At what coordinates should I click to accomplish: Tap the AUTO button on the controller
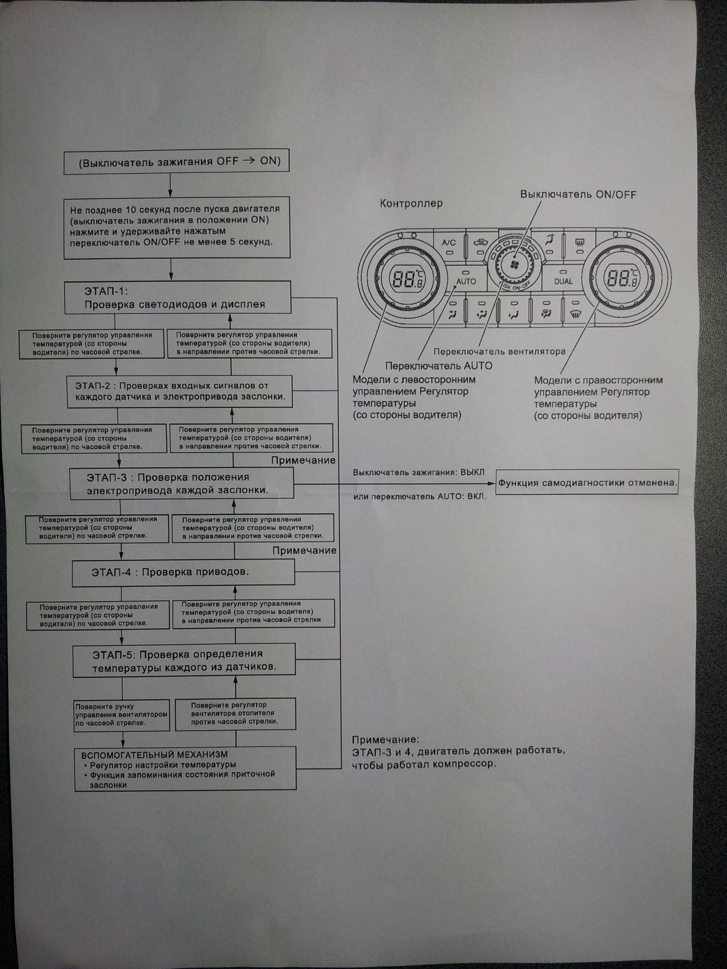click(466, 281)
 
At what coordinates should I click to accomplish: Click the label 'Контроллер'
click(411, 204)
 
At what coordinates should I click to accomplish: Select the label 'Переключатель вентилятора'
click(499, 351)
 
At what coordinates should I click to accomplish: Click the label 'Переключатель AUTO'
click(439, 366)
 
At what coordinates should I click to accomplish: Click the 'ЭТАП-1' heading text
click(106, 291)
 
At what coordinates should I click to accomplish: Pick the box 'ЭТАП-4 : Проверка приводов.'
click(183, 573)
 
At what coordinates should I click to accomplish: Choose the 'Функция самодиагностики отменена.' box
click(587, 483)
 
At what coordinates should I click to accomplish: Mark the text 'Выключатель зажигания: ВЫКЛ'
click(418, 472)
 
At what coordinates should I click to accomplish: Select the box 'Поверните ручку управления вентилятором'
click(121, 715)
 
